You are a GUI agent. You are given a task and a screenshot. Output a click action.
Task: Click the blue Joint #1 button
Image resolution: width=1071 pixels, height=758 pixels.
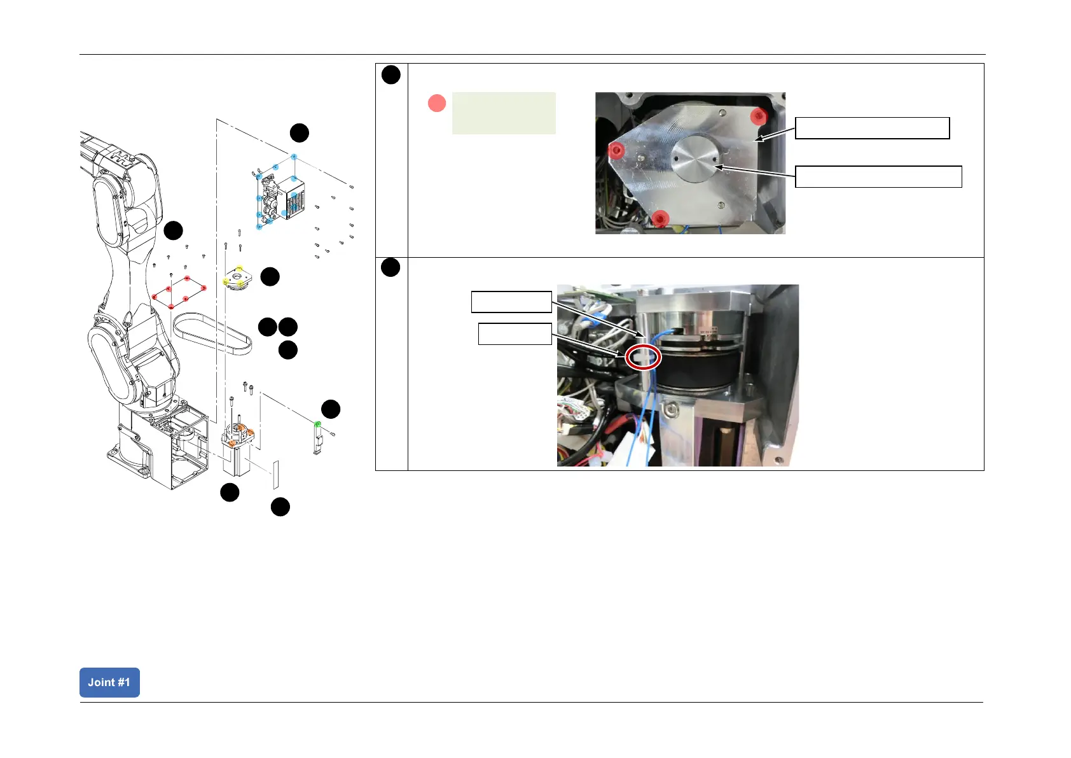tap(109, 682)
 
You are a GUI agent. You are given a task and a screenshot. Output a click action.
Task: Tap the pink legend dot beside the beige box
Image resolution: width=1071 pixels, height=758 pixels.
tap(437, 103)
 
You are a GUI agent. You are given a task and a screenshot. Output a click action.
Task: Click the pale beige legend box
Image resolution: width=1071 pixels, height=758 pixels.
tap(504, 113)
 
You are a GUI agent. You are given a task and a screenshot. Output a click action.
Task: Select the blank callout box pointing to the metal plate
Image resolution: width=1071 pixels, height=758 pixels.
tap(872, 128)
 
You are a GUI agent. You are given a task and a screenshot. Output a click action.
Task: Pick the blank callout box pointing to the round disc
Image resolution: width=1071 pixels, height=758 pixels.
tap(878, 176)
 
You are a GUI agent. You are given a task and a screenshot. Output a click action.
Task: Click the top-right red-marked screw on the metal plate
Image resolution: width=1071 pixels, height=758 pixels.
tap(758, 116)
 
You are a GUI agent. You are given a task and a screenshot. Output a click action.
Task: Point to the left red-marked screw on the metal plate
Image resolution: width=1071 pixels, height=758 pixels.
tap(615, 151)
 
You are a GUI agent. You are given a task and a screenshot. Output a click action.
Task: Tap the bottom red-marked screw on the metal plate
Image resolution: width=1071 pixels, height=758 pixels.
tap(661, 218)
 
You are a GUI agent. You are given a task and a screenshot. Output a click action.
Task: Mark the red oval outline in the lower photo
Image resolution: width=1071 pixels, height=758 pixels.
tap(644, 358)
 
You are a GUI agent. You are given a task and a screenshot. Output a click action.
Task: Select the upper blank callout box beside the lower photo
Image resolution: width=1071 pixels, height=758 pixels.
tap(511, 302)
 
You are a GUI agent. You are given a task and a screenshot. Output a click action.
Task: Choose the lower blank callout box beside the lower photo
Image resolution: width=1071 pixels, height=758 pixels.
tap(515, 333)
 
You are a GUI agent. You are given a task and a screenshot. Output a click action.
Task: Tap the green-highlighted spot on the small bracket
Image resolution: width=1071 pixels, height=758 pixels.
tap(318, 424)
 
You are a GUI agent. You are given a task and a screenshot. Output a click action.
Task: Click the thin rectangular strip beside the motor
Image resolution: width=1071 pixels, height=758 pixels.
tap(276, 475)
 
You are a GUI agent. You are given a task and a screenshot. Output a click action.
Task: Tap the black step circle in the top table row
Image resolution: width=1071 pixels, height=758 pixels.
tap(391, 75)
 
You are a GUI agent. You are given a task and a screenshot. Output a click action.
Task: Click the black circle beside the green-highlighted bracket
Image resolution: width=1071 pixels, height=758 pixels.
tap(331, 409)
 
